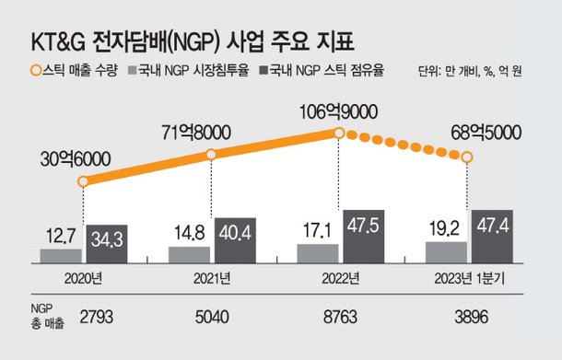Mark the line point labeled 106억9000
(340, 134)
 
